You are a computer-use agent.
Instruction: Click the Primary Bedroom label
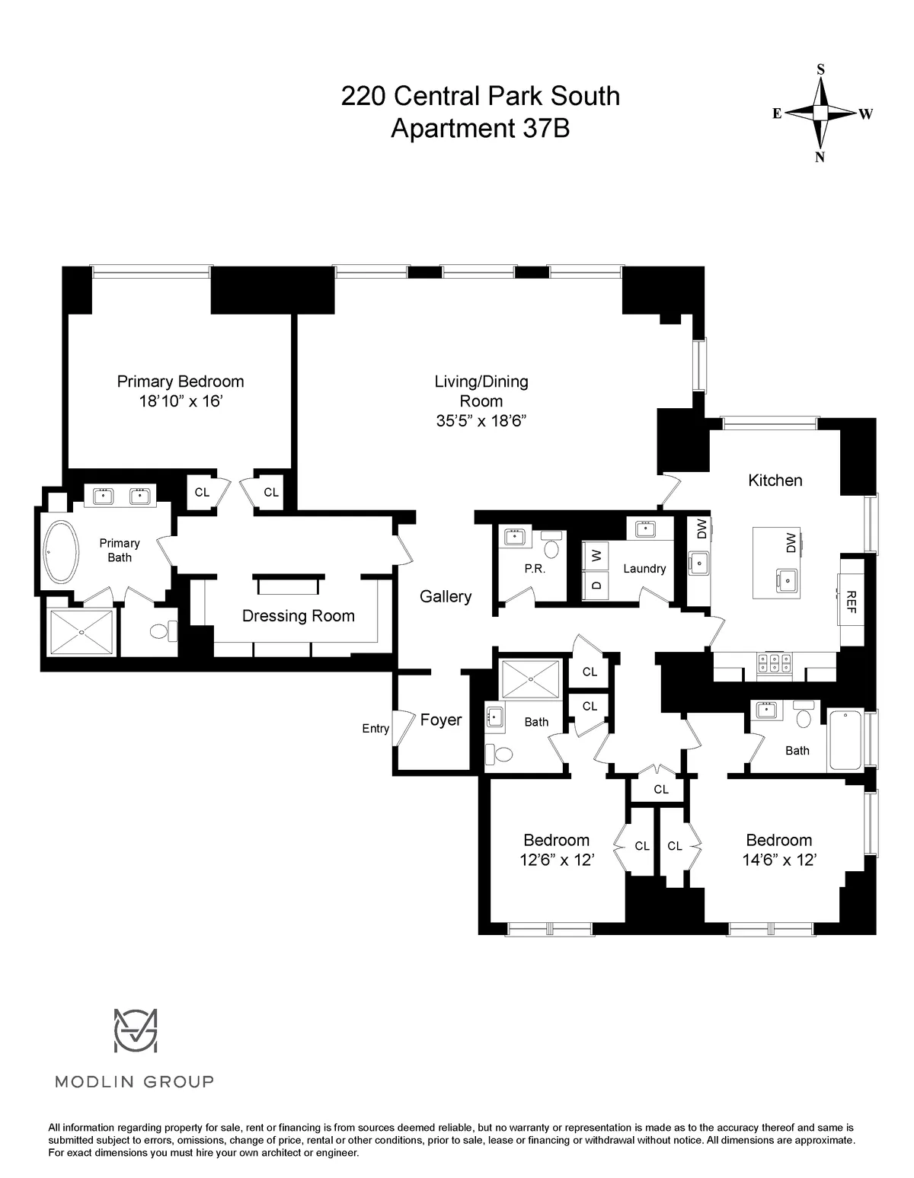click(180, 381)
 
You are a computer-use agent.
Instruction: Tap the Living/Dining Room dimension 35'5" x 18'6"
click(481, 420)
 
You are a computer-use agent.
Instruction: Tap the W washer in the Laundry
click(596, 555)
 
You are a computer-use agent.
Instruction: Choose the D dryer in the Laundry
click(596, 586)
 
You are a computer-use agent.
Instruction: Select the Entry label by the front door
click(376, 729)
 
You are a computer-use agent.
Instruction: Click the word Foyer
click(441, 720)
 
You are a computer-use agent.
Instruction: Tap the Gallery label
click(446, 597)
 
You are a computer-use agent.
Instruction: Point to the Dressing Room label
click(298, 616)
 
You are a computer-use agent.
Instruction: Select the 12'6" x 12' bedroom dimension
click(556, 860)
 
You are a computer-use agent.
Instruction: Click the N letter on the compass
click(820, 158)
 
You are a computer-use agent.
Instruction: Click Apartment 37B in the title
click(480, 129)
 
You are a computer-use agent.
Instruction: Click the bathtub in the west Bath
click(845, 739)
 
